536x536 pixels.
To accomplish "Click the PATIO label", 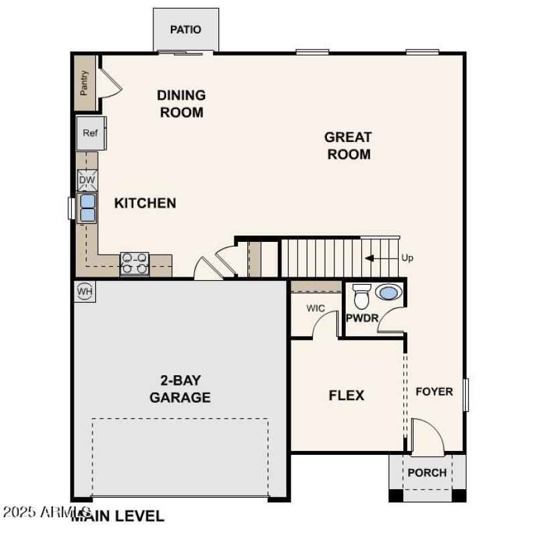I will (x=186, y=30).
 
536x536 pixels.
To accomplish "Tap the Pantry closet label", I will (x=84, y=83).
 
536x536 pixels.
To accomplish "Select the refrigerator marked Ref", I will (x=90, y=133).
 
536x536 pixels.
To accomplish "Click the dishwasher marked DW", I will (x=87, y=180).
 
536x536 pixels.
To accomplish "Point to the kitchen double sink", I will (x=88, y=207).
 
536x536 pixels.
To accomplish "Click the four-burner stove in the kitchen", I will (x=134, y=263).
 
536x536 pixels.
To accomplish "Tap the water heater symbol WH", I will (x=85, y=291).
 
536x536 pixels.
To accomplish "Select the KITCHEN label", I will (x=145, y=203).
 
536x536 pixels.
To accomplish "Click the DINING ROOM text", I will (x=181, y=104).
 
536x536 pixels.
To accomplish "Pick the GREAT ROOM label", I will (x=348, y=145).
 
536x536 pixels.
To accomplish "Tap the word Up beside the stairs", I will (x=407, y=258).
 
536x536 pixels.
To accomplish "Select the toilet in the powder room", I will (x=362, y=295).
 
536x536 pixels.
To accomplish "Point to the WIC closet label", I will (x=316, y=309).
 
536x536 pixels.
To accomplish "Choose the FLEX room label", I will (x=346, y=395).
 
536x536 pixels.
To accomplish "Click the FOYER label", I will (x=434, y=391).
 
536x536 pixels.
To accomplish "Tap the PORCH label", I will (x=427, y=472).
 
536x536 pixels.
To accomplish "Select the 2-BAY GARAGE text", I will (x=180, y=389).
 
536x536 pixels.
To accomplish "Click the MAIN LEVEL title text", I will (x=118, y=516).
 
